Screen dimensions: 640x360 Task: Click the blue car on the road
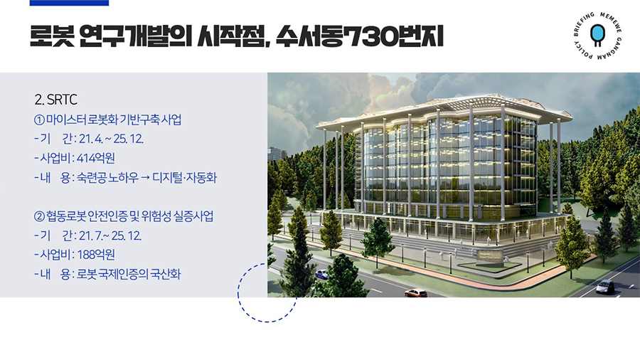[321, 274]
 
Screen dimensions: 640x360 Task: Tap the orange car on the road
[416, 292]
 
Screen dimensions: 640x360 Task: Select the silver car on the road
[605, 286]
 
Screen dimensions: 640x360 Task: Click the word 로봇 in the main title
[52, 36]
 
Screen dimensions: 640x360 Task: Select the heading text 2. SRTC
[56, 100]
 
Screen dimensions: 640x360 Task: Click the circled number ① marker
[39, 120]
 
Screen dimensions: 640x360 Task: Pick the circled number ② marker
[39, 216]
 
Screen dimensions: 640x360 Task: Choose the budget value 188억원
[96, 255]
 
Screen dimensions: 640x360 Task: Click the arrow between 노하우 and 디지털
[144, 178]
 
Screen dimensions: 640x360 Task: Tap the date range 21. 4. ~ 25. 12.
[111, 139]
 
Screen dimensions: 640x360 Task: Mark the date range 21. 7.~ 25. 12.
[110, 236]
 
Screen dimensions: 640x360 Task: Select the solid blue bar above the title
[70, 3]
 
